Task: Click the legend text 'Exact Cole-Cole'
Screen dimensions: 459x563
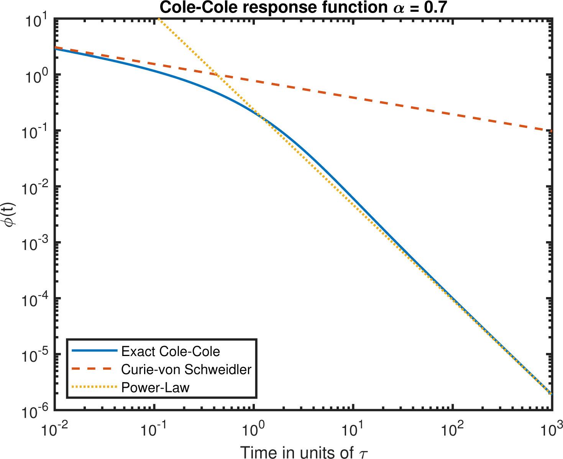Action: pyautogui.click(x=171, y=351)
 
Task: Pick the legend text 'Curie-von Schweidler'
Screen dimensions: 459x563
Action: pyautogui.click(x=186, y=369)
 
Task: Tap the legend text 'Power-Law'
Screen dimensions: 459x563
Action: pyautogui.click(x=155, y=387)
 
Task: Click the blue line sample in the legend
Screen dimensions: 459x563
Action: pyautogui.click(x=94, y=351)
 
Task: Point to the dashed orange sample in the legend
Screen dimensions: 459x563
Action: pyautogui.click(x=94, y=369)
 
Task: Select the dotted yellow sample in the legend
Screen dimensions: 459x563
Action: pyautogui.click(x=94, y=387)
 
